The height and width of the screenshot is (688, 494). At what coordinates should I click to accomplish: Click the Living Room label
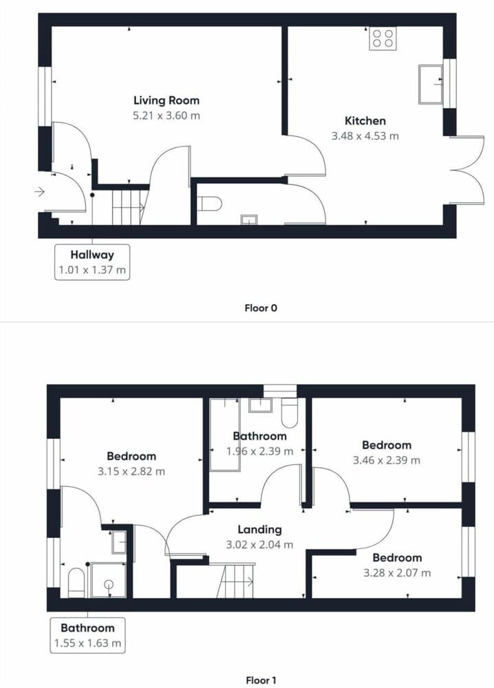pos(167,100)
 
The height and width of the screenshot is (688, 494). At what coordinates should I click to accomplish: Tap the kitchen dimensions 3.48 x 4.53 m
pos(365,136)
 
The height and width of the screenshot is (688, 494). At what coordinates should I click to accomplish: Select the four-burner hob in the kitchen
pos(383,38)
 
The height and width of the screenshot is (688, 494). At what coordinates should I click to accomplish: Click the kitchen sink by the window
pos(431,84)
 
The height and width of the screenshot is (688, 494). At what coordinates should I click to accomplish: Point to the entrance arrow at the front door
pos(39,192)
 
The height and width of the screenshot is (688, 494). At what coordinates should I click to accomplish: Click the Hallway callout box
pos(92,262)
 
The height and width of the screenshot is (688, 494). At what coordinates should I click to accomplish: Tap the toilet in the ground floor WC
pos(210,204)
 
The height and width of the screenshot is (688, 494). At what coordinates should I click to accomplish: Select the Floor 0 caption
pos(261,308)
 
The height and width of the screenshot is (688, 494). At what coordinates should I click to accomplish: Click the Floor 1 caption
pos(261,680)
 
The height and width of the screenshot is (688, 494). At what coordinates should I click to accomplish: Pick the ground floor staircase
pos(129,207)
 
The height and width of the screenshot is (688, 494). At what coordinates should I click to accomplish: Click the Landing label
pos(259,529)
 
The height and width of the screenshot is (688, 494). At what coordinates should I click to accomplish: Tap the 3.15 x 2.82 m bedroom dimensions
pos(131,472)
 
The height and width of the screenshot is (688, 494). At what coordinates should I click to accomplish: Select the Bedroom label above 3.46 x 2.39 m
pos(387,445)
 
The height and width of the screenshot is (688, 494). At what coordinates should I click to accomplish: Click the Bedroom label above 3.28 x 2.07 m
pos(397,558)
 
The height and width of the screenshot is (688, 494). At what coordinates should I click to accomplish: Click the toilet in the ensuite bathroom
pos(76,583)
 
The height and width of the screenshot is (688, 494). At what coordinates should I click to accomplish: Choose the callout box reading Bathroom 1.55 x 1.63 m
pos(87,635)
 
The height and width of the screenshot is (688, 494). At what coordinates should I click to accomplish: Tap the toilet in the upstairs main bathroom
pos(289,412)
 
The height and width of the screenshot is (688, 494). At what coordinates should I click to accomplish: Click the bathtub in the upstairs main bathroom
pos(224,434)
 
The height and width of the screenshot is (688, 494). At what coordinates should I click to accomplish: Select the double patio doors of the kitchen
pos(467,170)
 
